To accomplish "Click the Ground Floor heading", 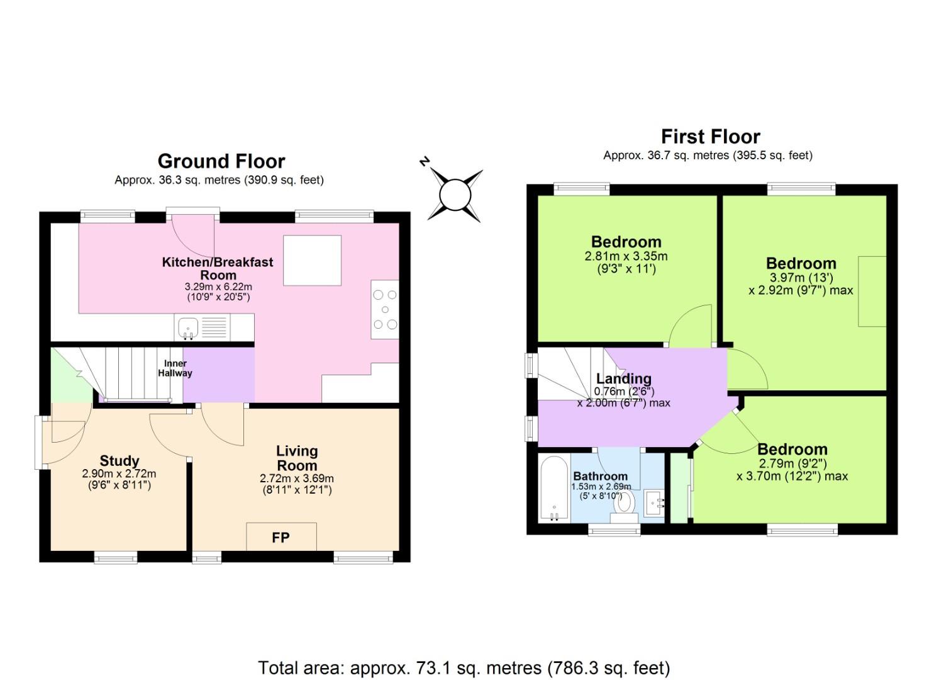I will click(221, 161).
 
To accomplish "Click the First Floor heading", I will click(710, 137).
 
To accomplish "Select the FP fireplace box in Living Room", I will click(281, 537).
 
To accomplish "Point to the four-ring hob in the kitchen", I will click(384, 309).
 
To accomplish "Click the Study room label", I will click(119, 461).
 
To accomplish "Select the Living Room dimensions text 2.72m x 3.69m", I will click(297, 479).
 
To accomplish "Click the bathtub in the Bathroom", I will click(554, 487).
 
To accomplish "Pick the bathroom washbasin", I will click(653, 502).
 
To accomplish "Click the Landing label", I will click(623, 378).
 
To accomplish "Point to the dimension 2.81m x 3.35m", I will click(626, 256).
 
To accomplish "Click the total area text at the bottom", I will click(464, 667).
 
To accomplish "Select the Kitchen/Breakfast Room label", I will click(218, 268).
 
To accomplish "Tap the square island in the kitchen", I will click(312, 260).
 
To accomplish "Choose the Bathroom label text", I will click(600, 476).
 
